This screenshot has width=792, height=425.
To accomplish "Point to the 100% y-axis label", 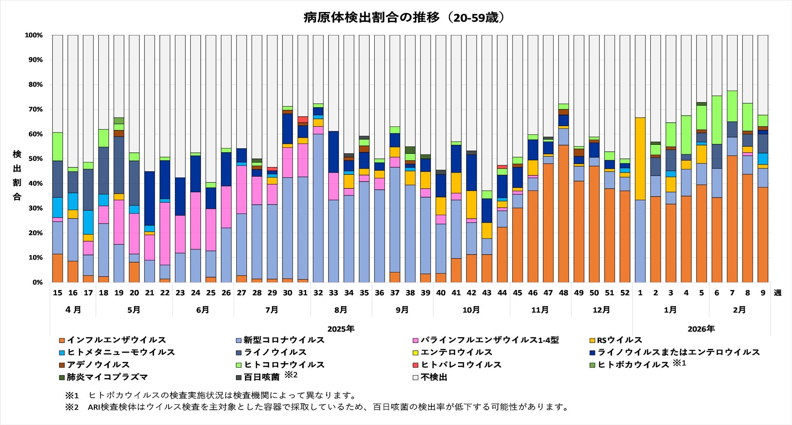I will point(34,35).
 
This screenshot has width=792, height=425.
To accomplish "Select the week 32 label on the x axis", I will point(318,293).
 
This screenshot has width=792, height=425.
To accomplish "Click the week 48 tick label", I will point(563,293).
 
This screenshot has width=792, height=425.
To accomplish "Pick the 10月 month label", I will point(471,310).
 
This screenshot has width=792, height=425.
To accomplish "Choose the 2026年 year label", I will point(701,329).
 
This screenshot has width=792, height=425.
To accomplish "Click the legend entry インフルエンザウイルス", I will point(116,340).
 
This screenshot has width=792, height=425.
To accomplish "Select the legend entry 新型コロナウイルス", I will point(284,340).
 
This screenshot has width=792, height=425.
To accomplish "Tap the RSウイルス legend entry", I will point(619,340).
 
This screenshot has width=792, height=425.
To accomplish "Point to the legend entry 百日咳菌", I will point(262,377).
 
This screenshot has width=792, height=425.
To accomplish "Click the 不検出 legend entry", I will point(434,377).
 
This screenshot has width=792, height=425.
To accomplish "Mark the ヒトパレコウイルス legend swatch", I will point(416,365).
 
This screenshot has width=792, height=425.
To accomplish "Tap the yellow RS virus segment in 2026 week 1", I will point(640,159).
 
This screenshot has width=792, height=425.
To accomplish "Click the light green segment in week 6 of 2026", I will point(717,120).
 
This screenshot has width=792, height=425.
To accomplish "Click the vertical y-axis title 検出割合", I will point(17,175).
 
